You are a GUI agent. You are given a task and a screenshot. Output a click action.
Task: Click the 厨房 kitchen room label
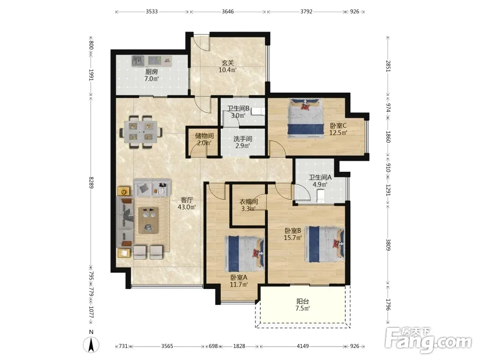point(152,75)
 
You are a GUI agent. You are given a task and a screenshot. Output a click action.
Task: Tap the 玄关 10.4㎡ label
point(228,66)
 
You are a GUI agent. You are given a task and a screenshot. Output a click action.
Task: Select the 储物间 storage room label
point(204,139)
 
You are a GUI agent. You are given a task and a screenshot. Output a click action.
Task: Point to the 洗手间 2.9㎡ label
point(242,142)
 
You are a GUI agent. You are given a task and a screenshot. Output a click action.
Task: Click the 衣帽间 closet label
point(248,205)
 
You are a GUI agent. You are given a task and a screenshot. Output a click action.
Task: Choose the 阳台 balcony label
point(303,305)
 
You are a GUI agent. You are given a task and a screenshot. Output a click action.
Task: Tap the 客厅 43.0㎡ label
point(187,204)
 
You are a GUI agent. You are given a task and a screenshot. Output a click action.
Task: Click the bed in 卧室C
point(305,117)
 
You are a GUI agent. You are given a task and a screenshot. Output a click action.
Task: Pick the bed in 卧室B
point(325,244)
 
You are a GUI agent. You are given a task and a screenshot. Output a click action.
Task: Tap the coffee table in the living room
point(148,220)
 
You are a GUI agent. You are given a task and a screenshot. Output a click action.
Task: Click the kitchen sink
point(138,60)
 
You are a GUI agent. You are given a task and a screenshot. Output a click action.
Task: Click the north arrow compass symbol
point(91,344)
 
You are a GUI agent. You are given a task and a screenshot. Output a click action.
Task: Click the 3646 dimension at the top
point(228,12)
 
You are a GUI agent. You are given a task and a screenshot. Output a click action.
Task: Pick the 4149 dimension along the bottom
point(303,346)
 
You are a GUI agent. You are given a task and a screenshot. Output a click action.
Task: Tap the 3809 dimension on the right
point(388,245)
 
